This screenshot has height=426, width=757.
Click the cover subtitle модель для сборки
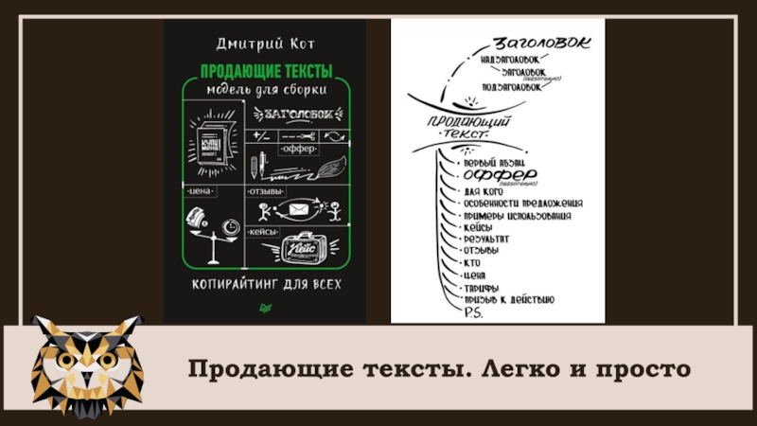[267, 91]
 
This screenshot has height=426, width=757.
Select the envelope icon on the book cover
[300, 207]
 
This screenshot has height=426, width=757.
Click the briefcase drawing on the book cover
[302, 250]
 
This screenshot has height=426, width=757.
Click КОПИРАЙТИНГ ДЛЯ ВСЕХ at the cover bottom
[266, 284]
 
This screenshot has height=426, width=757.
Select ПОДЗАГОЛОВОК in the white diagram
[505, 87]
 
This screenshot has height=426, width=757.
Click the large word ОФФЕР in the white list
[502, 176]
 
